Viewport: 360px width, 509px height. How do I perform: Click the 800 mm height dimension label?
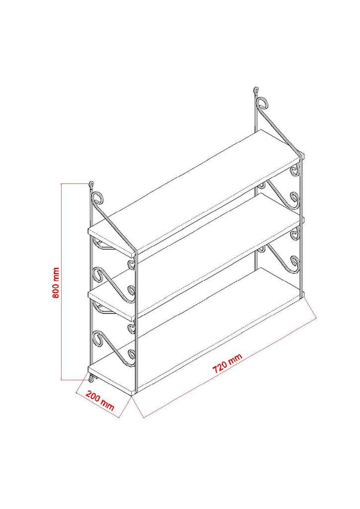(x=56, y=283)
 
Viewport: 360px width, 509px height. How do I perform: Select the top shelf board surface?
(x=199, y=191)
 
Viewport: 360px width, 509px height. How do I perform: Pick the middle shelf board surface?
(x=199, y=254)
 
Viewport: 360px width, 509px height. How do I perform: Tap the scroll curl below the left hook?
(x=98, y=200)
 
